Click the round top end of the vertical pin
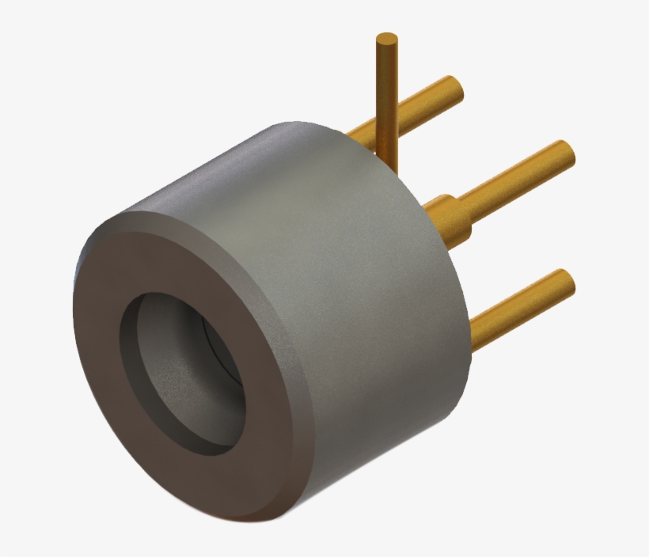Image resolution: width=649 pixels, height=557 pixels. click(386, 39)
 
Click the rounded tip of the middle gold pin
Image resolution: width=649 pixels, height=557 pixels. click(565, 153)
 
